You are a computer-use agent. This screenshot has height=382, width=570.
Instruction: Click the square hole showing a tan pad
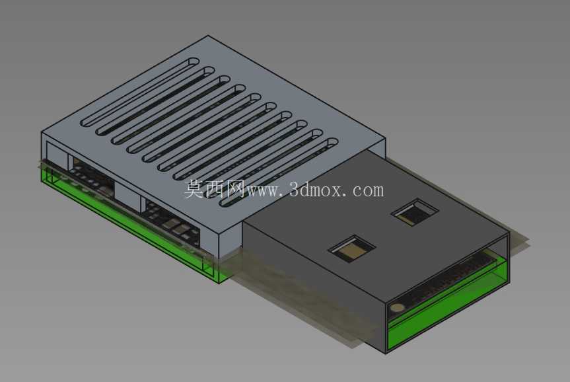pyautogui.click(x=352, y=249)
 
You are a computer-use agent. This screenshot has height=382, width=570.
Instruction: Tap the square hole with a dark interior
pyautogui.click(x=415, y=212)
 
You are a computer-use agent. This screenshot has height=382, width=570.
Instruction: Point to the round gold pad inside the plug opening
pyautogui.click(x=398, y=308)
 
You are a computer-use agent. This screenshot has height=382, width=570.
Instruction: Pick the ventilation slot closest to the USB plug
pyautogui.click(x=279, y=172)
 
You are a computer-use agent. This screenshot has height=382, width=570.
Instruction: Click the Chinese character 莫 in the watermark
pyautogui.click(x=194, y=189)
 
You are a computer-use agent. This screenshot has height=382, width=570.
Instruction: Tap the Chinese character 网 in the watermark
pyautogui.click(x=236, y=189)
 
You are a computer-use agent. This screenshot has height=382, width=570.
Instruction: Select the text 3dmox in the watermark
pyautogui.click(x=316, y=190)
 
